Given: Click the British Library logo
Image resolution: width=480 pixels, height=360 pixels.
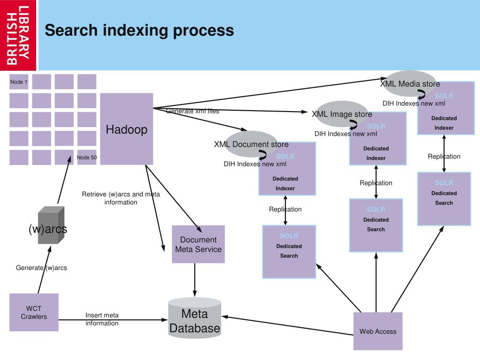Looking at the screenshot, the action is [18, 35].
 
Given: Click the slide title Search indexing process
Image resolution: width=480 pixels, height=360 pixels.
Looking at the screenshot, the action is [139, 30].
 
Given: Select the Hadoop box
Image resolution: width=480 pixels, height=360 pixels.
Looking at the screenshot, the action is [127, 129].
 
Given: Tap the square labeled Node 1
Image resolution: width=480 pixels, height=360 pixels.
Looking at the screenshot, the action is [19, 82].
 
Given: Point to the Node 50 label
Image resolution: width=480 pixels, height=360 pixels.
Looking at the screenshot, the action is [87, 157].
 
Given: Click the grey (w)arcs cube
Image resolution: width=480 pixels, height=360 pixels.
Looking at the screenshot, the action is [51, 225].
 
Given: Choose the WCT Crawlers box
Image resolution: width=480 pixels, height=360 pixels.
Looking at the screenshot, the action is [34, 312].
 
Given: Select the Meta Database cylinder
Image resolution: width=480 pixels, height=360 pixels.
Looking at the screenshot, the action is [195, 318].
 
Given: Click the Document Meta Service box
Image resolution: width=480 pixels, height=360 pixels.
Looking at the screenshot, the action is [198, 244].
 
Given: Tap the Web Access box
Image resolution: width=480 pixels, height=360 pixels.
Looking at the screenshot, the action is [378, 331].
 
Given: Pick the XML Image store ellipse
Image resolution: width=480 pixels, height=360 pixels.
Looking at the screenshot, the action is [342, 114].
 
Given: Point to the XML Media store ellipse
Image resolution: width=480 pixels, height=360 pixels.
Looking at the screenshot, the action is [410, 83].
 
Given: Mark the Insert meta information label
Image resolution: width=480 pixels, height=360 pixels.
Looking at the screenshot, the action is [102, 319].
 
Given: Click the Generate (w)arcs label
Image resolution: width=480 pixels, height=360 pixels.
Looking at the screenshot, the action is [41, 268].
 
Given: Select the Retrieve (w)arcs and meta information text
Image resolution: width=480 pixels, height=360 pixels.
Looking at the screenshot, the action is [120, 198].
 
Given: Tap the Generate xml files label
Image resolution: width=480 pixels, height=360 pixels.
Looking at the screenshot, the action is [193, 111].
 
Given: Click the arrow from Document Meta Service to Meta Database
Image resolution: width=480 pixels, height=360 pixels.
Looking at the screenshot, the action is [195, 280].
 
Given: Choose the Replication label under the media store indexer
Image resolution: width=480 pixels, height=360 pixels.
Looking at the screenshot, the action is [444, 156].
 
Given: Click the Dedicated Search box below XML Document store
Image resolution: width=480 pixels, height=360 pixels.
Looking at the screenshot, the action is [289, 252].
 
